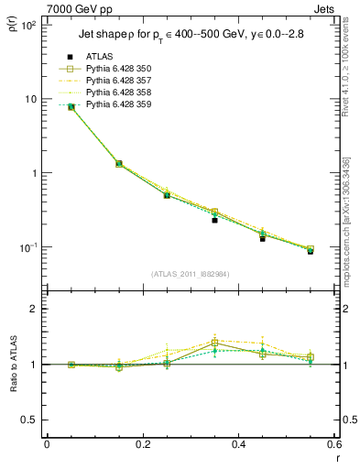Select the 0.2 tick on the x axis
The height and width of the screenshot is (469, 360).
pyautogui.click(x=142, y=444)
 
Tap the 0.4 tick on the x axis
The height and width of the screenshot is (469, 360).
pyautogui.click(x=238, y=444)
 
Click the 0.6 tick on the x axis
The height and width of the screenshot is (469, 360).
pyautogui.click(x=333, y=444)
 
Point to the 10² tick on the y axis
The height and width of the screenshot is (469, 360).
pyautogui.click(x=28, y=26)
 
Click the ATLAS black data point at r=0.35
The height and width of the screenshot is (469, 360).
pyautogui.click(x=214, y=220)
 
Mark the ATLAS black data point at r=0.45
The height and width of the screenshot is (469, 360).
pyautogui.click(x=262, y=238)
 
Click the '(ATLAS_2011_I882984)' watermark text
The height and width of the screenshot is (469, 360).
pyautogui.click(x=191, y=274)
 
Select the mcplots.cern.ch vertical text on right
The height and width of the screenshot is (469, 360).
pyautogui.click(x=350, y=220)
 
